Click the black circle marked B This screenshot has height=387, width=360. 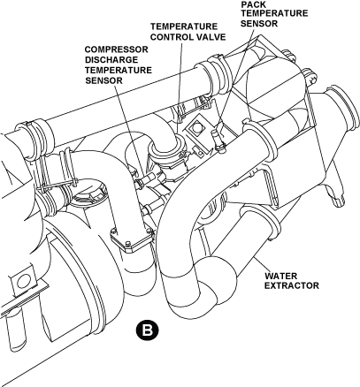coord(147,330)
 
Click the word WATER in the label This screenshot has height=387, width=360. coord(280,277)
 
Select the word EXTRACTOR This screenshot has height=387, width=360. coord(291,285)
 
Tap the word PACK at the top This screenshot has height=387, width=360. coord(253,4)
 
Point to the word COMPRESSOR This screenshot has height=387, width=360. coord(117,49)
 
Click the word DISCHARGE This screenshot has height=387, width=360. coord(111,60)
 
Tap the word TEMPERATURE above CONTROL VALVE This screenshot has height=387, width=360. coord(184,27)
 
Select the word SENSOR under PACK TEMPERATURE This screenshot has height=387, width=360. coord(259,24)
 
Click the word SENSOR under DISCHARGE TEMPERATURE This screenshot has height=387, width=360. coord(103,80)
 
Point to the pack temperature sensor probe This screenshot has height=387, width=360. coord(218,139)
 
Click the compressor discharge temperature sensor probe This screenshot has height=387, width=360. coord(147,179)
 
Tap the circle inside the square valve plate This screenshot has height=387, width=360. coord(196,127)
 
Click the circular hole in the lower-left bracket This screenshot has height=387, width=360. coord(23,281)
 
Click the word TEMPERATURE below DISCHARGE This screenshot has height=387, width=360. coord(119,71)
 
